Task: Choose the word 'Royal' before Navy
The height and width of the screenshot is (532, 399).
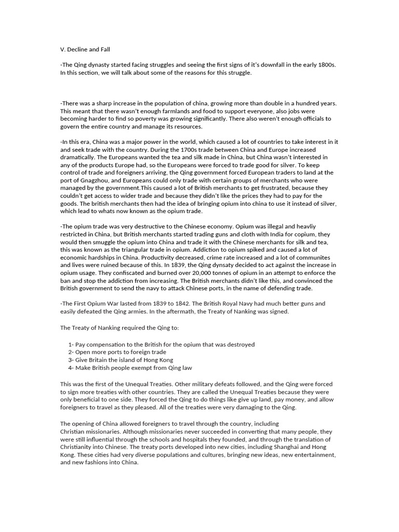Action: [x=243, y=303]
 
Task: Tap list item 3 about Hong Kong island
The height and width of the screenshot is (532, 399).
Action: [x=121, y=360]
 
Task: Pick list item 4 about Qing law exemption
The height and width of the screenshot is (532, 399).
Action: [x=130, y=368]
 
